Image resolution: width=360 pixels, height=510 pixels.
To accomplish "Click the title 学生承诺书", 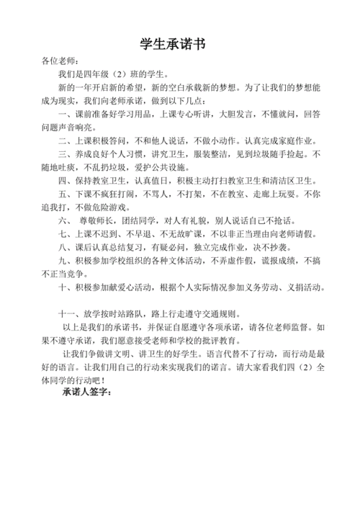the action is pos(180,45).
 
